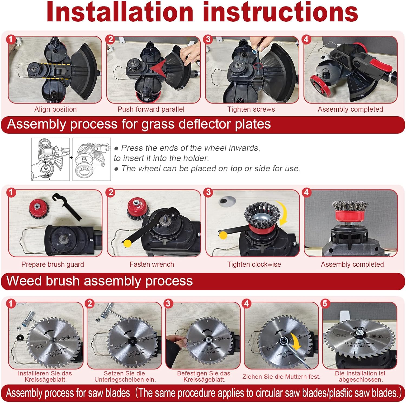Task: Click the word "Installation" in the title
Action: [x=120, y=12]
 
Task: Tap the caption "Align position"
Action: [x=55, y=109]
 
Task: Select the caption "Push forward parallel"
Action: [x=151, y=109]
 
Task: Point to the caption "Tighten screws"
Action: [x=251, y=109]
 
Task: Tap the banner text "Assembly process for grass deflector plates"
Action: [x=139, y=124]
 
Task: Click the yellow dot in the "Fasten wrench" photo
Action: [x=127, y=243]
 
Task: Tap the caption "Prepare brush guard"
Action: [x=53, y=264]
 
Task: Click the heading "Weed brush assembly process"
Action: [x=100, y=281]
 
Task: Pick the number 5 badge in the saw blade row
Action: [x=325, y=304]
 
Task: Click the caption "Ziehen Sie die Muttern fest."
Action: [x=281, y=376]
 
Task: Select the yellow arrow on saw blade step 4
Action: [x=296, y=342]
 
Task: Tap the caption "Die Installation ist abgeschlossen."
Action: [x=361, y=376]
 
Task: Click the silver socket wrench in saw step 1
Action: [x=30, y=319]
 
